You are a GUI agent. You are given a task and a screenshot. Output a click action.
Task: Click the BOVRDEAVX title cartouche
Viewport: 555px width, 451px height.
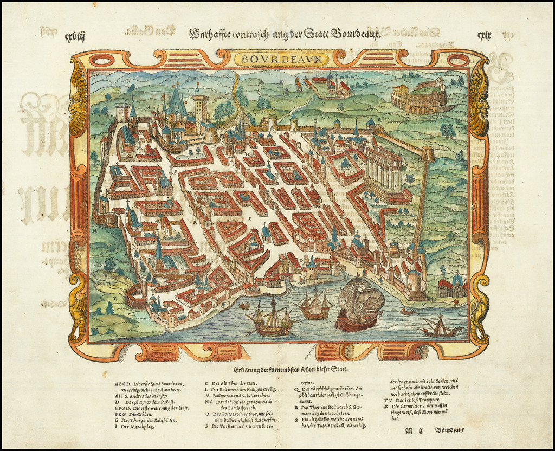coord(277,58)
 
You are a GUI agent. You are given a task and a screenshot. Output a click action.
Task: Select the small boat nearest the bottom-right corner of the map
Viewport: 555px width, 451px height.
coord(440,327)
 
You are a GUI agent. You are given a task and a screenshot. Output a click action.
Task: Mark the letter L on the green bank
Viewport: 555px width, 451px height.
coord(115,298)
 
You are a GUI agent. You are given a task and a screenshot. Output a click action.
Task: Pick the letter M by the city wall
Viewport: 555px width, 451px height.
coord(94,230)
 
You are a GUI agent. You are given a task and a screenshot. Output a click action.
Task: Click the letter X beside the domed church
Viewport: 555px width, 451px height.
coord(464,280)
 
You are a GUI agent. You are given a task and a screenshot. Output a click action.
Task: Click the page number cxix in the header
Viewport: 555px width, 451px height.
coord(484,36)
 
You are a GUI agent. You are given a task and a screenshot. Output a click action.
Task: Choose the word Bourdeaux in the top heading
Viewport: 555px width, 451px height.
coord(355,34)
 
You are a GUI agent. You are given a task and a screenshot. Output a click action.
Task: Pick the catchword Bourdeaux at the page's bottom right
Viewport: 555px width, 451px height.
coord(449,430)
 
